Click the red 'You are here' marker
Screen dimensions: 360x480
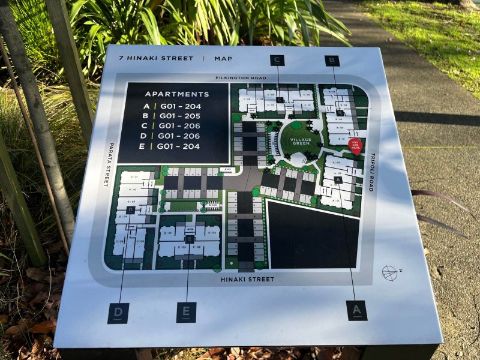pos(355,146)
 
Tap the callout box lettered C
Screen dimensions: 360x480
pos(277,60)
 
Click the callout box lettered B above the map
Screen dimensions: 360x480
pos(332,61)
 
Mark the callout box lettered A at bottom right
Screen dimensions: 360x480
pos(357,310)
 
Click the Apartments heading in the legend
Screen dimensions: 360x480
pos(177,94)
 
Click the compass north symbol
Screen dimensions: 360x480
pos(389,273)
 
